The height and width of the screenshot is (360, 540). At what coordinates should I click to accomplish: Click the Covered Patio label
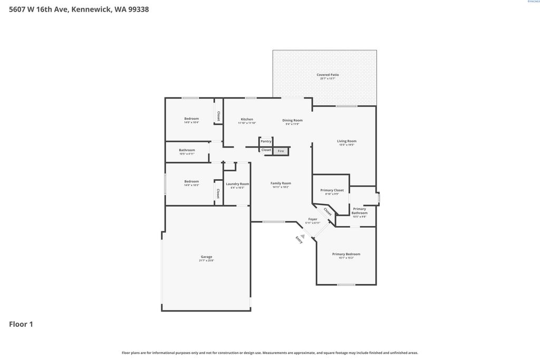[327, 75]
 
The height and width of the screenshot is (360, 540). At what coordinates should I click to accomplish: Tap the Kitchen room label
[247, 119]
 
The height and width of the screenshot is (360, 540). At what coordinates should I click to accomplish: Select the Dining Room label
[292, 120]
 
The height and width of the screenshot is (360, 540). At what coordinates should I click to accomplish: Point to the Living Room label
[346, 141]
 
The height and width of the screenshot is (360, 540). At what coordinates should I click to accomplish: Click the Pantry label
[266, 141]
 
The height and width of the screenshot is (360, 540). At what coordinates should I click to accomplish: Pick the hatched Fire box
[281, 151]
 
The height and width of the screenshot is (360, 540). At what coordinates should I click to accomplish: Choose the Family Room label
[281, 183]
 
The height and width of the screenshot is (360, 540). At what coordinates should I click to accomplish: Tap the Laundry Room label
[237, 184]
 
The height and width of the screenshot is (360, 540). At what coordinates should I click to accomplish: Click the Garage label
[206, 257]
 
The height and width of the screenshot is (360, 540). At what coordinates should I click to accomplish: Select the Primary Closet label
[332, 190]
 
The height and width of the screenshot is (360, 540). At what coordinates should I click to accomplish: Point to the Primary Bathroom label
[359, 211]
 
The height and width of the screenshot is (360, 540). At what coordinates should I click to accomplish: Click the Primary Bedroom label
[346, 254]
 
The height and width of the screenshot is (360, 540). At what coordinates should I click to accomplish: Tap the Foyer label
[313, 219]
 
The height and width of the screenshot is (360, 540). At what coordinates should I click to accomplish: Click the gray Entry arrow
[302, 237]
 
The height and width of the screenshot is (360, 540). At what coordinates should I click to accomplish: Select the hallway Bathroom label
[187, 150]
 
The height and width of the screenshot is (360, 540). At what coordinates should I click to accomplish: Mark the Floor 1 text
[21, 324]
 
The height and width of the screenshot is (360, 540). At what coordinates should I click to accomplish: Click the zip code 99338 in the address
[137, 9]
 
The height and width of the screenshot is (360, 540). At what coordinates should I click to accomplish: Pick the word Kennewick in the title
[90, 9]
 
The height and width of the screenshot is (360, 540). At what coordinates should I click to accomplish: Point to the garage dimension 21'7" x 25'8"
[206, 260]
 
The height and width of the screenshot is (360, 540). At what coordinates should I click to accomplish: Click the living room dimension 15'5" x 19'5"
[346, 144]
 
